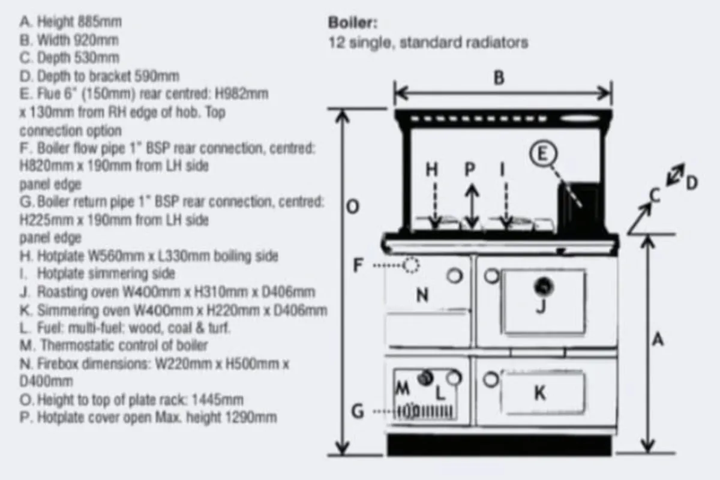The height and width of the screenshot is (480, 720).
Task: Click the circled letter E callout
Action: coord(542,154)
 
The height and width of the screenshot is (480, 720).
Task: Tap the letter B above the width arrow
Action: coord(499,79)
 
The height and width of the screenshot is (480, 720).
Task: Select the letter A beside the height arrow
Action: coord(658,340)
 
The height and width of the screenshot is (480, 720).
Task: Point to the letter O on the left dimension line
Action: coord(353,207)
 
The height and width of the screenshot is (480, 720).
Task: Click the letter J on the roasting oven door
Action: coord(541,306)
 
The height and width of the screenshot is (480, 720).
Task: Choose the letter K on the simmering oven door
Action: coord(539,393)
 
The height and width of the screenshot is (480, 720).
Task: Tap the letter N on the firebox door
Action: coord(422,295)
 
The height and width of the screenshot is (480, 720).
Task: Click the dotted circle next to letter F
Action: coord(412,265)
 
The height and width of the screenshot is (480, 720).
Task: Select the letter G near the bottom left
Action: coord(358,412)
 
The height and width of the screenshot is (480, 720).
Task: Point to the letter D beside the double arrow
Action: coord(691,182)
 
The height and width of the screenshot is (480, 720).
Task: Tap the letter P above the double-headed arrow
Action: coord(471,170)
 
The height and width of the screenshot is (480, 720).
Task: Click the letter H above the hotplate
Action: coord(432,170)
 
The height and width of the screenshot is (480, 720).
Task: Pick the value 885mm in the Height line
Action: coord(100,22)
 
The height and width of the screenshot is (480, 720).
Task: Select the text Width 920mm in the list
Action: coord(78,40)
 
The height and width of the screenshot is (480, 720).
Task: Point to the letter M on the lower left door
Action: coord(403,389)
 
